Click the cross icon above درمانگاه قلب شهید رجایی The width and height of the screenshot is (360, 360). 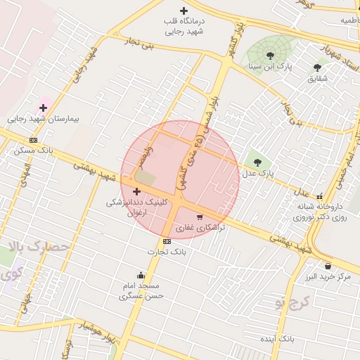184,11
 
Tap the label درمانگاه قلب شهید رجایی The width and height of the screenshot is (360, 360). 184,27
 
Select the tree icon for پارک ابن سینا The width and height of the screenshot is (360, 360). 271,56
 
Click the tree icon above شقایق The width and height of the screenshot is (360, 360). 317,67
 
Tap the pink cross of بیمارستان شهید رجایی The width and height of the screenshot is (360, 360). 44,108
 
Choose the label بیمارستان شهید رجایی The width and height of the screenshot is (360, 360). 44,119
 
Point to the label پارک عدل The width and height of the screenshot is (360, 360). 257,172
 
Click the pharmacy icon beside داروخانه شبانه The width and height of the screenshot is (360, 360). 321,197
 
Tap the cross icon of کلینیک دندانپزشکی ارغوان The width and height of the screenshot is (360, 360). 136,191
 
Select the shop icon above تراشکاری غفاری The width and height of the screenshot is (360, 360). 200,217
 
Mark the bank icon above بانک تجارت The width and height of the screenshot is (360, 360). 166,241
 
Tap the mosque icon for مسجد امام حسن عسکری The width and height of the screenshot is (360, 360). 141,275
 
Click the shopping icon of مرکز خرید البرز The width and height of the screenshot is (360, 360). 328,266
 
